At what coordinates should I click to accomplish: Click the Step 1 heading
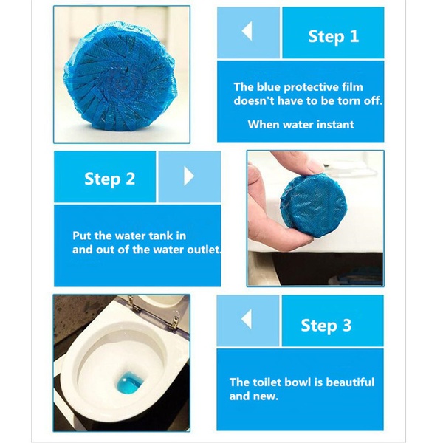pos(334,37)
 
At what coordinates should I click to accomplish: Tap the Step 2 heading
pos(109,179)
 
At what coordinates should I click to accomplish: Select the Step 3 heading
pos(326,326)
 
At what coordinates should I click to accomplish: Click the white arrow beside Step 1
pos(247,31)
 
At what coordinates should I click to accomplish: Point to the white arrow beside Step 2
pos(189,176)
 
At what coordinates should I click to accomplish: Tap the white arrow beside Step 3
pos(247,319)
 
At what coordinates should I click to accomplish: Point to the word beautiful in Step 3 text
pos(350,382)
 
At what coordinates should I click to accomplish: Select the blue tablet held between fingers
pos(314,203)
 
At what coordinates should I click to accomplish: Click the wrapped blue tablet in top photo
pos(120,76)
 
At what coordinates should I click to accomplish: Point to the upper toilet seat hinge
pos(131,303)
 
